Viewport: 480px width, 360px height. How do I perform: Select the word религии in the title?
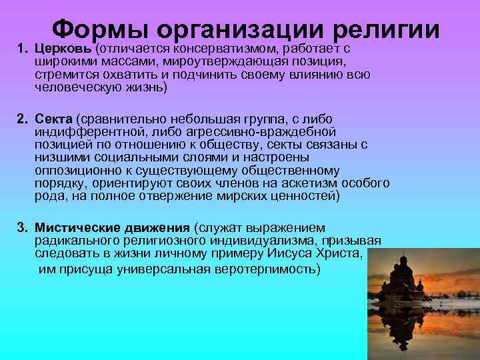point(384,31)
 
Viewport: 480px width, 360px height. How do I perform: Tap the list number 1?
point(21,49)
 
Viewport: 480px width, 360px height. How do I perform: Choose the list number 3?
point(21,229)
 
